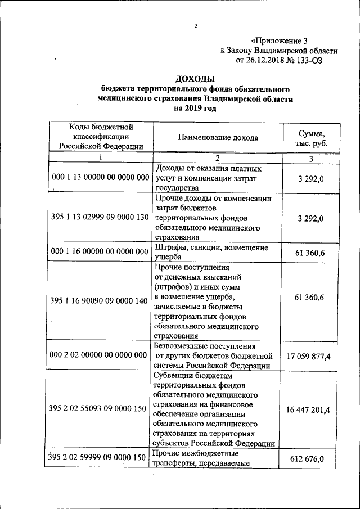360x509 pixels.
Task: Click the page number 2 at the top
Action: click(x=196, y=26)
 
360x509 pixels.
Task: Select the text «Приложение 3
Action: click(x=280, y=40)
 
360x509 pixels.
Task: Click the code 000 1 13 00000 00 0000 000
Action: click(x=100, y=177)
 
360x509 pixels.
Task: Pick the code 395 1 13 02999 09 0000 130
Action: click(x=100, y=217)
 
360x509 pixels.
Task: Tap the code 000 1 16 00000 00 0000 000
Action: click(x=100, y=253)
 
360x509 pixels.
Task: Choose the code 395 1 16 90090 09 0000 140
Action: click(x=100, y=301)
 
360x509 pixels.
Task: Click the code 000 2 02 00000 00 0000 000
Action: click(x=100, y=355)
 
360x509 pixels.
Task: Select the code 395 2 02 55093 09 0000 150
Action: click(x=100, y=410)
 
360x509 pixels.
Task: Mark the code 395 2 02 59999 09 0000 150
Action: click(x=98, y=458)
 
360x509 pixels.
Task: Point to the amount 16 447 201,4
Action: click(x=309, y=410)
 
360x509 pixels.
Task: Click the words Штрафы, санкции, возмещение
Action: click(x=211, y=248)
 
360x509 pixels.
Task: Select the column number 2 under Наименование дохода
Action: click(x=217, y=157)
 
